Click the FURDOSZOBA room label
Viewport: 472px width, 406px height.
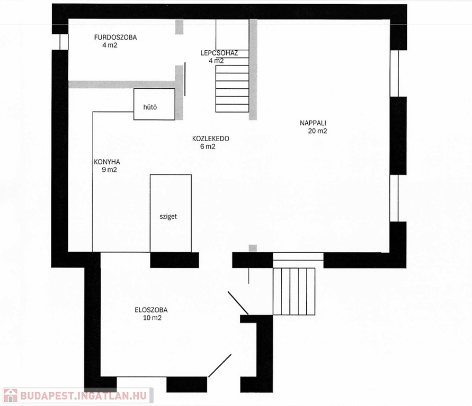(115, 37)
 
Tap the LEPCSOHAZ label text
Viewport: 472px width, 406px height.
(219, 53)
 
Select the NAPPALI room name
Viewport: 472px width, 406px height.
(313, 123)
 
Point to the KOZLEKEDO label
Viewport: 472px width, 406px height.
(211, 139)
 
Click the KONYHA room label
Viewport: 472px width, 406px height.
(107, 162)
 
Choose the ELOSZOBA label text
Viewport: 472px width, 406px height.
(151, 310)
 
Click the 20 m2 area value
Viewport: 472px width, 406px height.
(317, 131)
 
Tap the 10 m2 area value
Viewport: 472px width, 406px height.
(153, 318)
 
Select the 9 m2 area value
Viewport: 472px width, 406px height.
(109, 170)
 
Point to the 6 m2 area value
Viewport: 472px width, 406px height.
(208, 146)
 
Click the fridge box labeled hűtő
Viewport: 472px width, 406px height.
(154, 104)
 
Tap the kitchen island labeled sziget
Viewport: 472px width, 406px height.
(171, 213)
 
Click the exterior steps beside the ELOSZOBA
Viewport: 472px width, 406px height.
(294, 291)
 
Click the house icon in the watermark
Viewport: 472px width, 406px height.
(11, 395)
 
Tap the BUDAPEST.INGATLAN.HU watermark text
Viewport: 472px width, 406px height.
(83, 395)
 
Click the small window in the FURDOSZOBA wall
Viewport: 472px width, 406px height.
(64, 42)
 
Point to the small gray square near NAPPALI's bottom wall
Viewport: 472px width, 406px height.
(253, 248)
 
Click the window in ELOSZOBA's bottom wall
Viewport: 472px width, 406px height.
(141, 377)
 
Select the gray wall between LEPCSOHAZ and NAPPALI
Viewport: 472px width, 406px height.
(253, 70)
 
